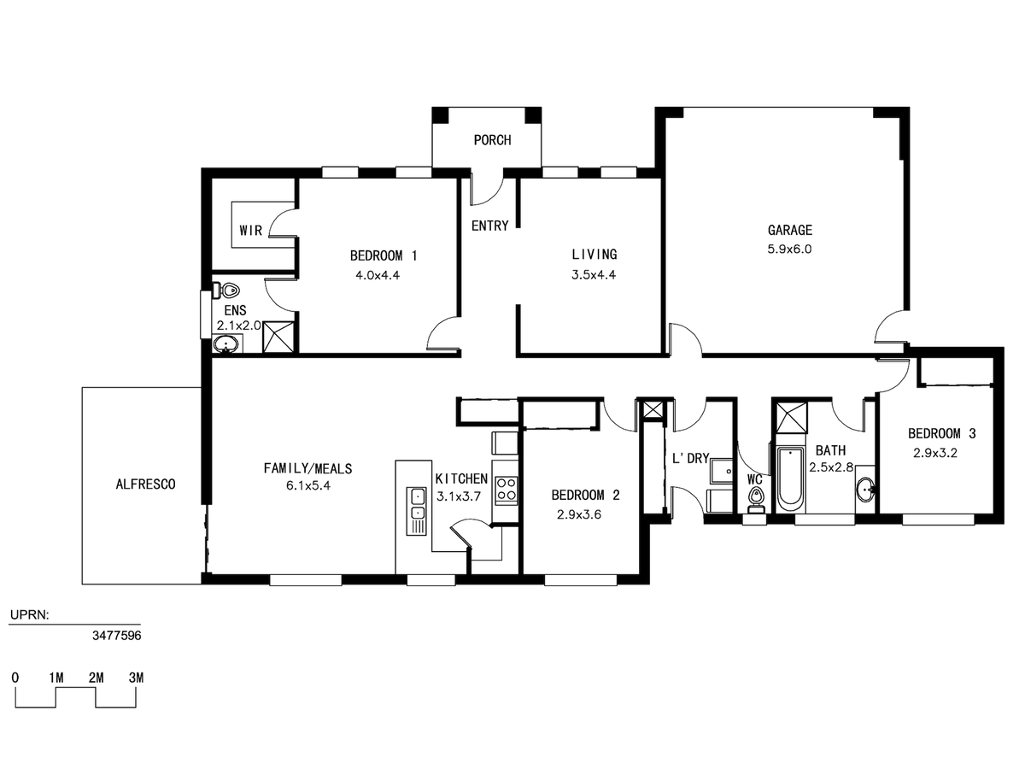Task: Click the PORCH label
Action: pyautogui.click(x=492, y=140)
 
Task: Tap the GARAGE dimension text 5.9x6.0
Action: pyautogui.click(x=789, y=249)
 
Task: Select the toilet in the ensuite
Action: pyautogui.click(x=226, y=291)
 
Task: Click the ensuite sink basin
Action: pyautogui.click(x=226, y=345)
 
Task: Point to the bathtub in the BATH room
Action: pyautogui.click(x=790, y=481)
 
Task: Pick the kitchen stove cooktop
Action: pyautogui.click(x=507, y=490)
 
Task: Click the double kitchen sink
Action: pyautogui.click(x=416, y=511)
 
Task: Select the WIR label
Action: pyautogui.click(x=251, y=230)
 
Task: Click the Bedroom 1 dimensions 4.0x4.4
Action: pyautogui.click(x=378, y=275)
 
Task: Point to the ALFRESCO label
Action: pyautogui.click(x=146, y=484)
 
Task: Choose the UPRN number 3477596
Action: pyautogui.click(x=117, y=636)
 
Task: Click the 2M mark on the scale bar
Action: pyautogui.click(x=97, y=678)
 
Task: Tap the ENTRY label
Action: pyautogui.click(x=489, y=226)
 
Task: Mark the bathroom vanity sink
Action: pyautogui.click(x=865, y=490)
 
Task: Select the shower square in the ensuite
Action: pyautogui.click(x=278, y=338)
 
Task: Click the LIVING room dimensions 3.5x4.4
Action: pyautogui.click(x=594, y=275)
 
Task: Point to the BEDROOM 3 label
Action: pyautogui.click(x=941, y=434)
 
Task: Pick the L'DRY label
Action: pyautogui.click(x=691, y=459)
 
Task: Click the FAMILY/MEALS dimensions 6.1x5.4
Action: pyautogui.click(x=308, y=486)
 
